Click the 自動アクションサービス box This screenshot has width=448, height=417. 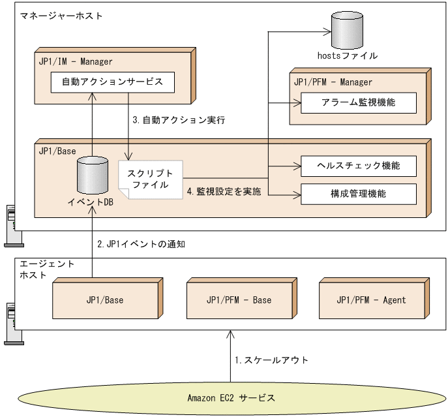click(x=113, y=82)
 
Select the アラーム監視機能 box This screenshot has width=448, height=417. click(x=358, y=102)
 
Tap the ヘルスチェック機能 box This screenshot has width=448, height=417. click(x=358, y=166)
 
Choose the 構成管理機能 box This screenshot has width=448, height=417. click(x=358, y=194)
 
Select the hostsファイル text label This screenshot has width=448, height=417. click(x=346, y=56)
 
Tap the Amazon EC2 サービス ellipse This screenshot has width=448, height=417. click(x=231, y=397)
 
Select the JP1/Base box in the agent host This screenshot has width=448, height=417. click(x=104, y=300)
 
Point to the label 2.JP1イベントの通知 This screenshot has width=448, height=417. click(x=142, y=244)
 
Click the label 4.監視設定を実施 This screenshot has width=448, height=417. click(x=224, y=192)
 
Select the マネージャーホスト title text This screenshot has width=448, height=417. click(x=61, y=14)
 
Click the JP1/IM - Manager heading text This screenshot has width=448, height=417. click(x=76, y=62)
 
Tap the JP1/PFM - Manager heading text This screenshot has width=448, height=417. click(x=333, y=82)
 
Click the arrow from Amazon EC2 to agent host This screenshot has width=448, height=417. click(x=230, y=356)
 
